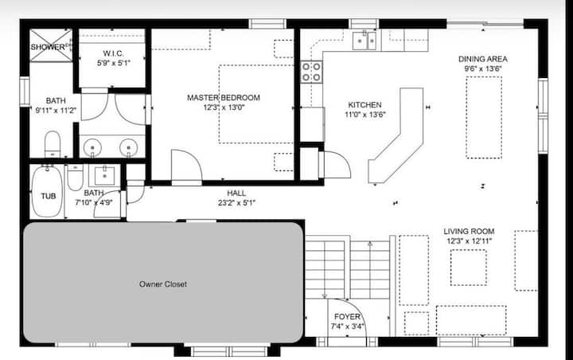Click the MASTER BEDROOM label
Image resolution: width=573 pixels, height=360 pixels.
pos(224,98)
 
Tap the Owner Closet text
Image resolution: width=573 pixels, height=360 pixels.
pos(163,284)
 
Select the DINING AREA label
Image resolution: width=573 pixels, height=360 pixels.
pos(483,59)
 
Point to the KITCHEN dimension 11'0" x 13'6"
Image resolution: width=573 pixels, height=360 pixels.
pos(364,115)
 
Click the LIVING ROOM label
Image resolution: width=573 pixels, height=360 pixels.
pos(469,231)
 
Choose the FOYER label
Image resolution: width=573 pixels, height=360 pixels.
pos(347,316)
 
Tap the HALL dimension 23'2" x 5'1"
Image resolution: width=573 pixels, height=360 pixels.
pos(236,202)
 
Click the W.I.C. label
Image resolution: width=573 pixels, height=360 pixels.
pos(113,53)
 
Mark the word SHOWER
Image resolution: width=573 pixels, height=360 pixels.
pos(48,47)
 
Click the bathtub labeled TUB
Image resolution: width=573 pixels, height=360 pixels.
pos(47,192)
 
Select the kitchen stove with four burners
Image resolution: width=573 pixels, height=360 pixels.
pos(311,72)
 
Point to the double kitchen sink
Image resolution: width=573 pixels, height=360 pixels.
pos(364,41)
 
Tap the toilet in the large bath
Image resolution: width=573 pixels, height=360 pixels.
pos(53,144)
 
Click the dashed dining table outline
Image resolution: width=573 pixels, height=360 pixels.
pos(484,117)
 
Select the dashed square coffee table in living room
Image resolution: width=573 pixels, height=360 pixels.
pos(469,268)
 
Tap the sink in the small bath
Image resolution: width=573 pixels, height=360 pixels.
pos(104,176)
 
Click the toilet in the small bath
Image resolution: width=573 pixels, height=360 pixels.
pos(76,178)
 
